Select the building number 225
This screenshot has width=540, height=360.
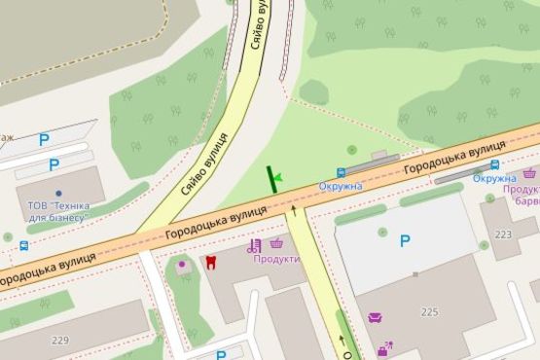[430, 311]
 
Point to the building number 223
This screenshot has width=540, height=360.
[502, 234]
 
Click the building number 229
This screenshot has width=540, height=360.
[61, 340]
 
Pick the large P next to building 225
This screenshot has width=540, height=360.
[405, 241]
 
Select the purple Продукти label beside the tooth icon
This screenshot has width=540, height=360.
[276, 259]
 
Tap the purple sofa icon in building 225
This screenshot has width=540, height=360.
[375, 317]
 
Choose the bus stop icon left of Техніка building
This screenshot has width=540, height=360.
[22, 246]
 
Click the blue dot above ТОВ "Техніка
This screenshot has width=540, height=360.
[58, 193]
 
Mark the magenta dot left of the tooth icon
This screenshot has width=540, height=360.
[180, 263]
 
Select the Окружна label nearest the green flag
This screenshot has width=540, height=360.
[342, 186]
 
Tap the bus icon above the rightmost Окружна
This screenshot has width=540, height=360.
[494, 164]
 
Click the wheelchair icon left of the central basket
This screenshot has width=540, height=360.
[255, 245]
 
